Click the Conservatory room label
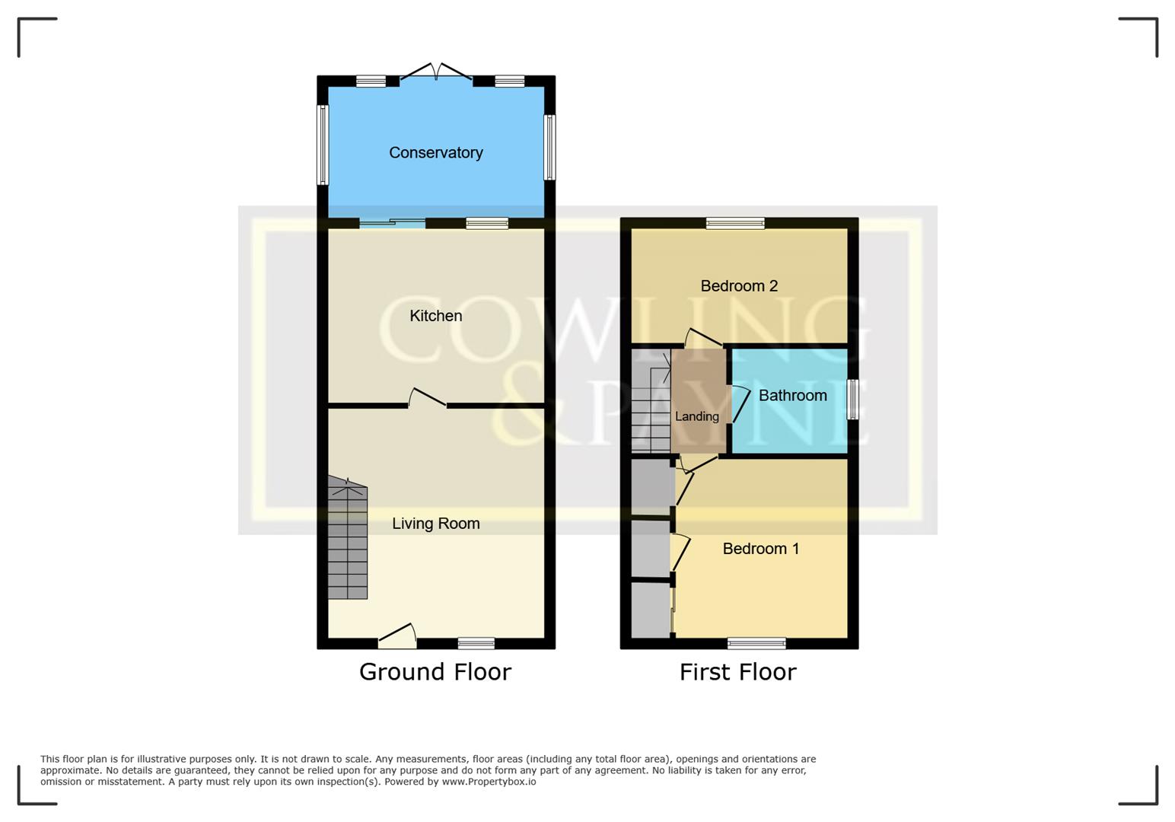435,152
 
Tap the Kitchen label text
435,316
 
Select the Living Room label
435,524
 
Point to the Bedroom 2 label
738,286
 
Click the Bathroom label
792,396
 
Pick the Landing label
696,416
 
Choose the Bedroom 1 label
760,549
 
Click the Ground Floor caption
435,672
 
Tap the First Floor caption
737,672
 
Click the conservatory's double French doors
436,73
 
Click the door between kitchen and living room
427,399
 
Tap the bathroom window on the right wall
853,399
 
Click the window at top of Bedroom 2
734,223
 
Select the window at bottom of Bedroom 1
756,644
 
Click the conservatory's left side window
323,145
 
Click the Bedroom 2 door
704,338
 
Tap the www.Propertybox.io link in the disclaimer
489,782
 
